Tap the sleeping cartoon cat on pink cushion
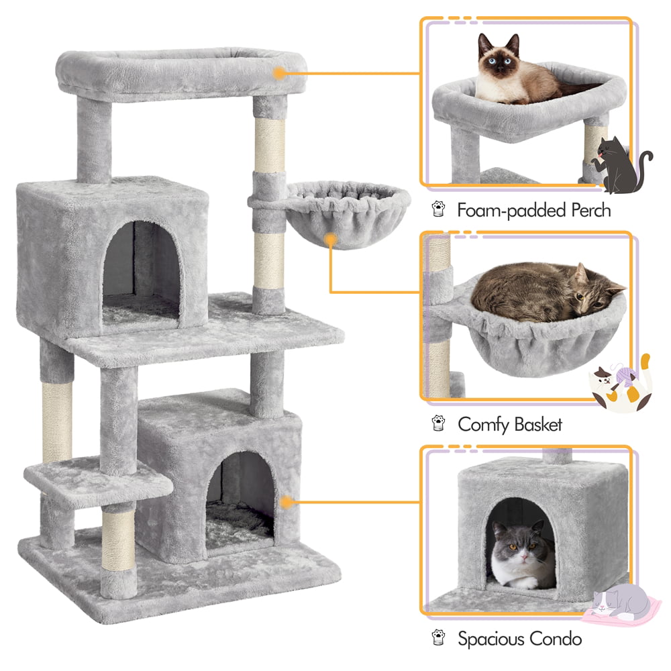pyautogui.click(x=621, y=604)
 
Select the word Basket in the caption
pyautogui.click(x=537, y=425)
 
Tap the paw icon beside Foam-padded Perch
pyautogui.click(x=438, y=211)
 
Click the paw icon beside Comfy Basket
pyautogui.click(x=438, y=424)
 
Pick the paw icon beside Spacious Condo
pyautogui.click(x=438, y=638)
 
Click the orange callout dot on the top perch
pyautogui.click(x=279, y=73)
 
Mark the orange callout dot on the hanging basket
pyautogui.click(x=329, y=240)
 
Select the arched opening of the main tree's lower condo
pyautogui.click(x=240, y=497)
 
